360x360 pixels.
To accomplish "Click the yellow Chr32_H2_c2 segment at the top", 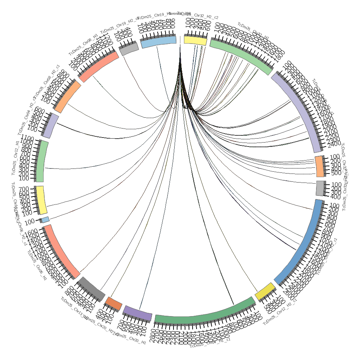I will (x=195, y=40).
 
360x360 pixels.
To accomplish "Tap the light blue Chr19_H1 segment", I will (x=158, y=42).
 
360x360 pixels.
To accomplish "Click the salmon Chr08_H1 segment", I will (x=98, y=66).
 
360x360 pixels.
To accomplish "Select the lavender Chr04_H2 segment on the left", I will (x=50, y=126).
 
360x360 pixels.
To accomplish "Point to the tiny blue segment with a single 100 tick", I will (x=45, y=219).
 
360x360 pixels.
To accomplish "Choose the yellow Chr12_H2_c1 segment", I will (x=266, y=291).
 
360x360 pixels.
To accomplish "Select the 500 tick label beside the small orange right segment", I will (x=335, y=173).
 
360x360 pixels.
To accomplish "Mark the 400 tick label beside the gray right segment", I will (x=335, y=197).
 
